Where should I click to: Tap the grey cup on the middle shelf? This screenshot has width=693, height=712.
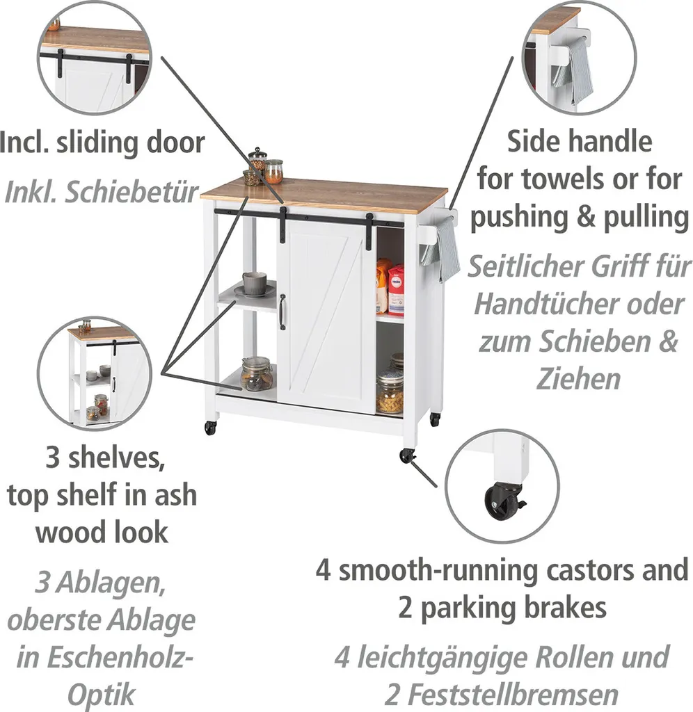click(254, 283)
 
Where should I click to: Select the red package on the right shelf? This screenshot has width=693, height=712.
click(396, 289)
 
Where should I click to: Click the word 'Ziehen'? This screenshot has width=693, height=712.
click(568, 379)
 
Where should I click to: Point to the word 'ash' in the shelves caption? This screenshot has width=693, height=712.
click(175, 496)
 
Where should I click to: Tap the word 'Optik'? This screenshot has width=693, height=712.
click(102, 695)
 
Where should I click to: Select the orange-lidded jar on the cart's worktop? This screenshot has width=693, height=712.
click(273, 171)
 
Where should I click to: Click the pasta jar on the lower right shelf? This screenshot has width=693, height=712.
click(390, 394)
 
